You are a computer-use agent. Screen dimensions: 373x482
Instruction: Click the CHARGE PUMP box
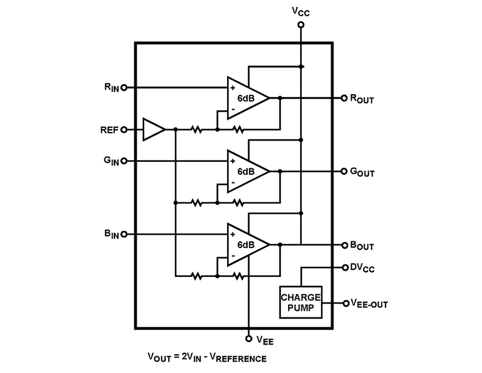[x=300, y=302]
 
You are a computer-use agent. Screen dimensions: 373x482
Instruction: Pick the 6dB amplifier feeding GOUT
[x=247, y=171]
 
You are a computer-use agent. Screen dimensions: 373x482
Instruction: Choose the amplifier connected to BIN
[x=247, y=244]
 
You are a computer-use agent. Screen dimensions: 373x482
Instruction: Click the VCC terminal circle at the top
[x=301, y=25]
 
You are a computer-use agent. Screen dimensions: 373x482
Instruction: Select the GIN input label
[x=111, y=161]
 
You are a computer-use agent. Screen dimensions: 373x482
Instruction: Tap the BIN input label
[x=111, y=234]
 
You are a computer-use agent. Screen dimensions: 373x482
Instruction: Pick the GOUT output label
[x=362, y=172]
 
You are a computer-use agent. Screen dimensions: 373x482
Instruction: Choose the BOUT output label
[x=362, y=246]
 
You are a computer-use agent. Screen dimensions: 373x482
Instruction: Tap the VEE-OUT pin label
[x=369, y=304]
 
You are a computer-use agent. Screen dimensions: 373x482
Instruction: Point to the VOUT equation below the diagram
[x=207, y=359]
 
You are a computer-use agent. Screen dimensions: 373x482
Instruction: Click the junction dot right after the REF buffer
[x=175, y=129]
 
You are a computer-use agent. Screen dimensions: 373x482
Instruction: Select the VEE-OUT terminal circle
[x=345, y=303]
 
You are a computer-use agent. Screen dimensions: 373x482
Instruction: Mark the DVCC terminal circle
[x=345, y=267]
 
